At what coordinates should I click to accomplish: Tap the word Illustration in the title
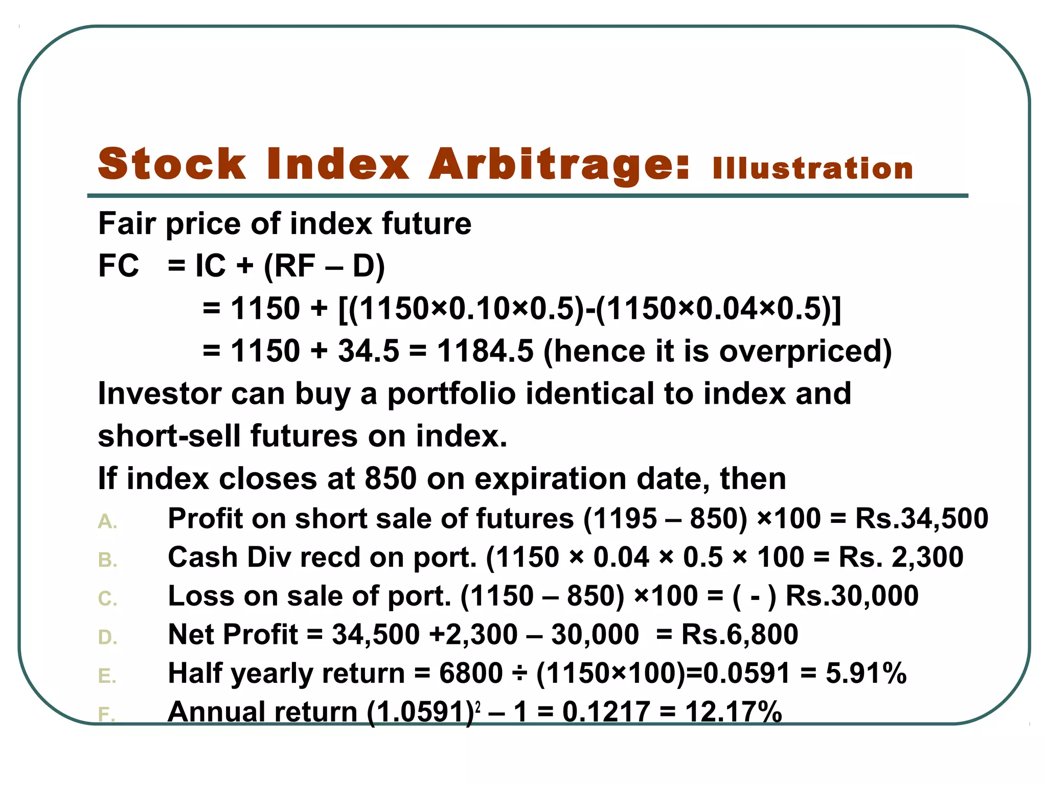pyautogui.click(x=813, y=169)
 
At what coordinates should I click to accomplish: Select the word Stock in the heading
pyautogui.click(x=172, y=165)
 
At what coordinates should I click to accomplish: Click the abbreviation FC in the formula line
pyautogui.click(x=118, y=266)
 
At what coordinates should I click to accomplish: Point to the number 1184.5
pyautogui.click(x=485, y=351)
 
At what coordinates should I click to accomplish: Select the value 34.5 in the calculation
pyautogui.click(x=368, y=351)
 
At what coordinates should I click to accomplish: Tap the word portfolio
pyautogui.click(x=451, y=394)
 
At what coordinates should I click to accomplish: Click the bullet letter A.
pyautogui.click(x=107, y=522)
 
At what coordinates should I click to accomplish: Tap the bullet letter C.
pyautogui.click(x=107, y=599)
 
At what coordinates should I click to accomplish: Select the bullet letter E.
pyautogui.click(x=107, y=676)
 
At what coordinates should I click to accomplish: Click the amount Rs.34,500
pyautogui.click(x=922, y=519)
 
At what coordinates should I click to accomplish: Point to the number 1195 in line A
pyautogui.click(x=620, y=519)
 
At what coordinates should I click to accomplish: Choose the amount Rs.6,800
pyautogui.click(x=740, y=635)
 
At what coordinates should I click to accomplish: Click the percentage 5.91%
pyautogui.click(x=866, y=673)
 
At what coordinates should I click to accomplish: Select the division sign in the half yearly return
pyautogui.click(x=519, y=674)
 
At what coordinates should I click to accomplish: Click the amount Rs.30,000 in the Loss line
pyautogui.click(x=852, y=596)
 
